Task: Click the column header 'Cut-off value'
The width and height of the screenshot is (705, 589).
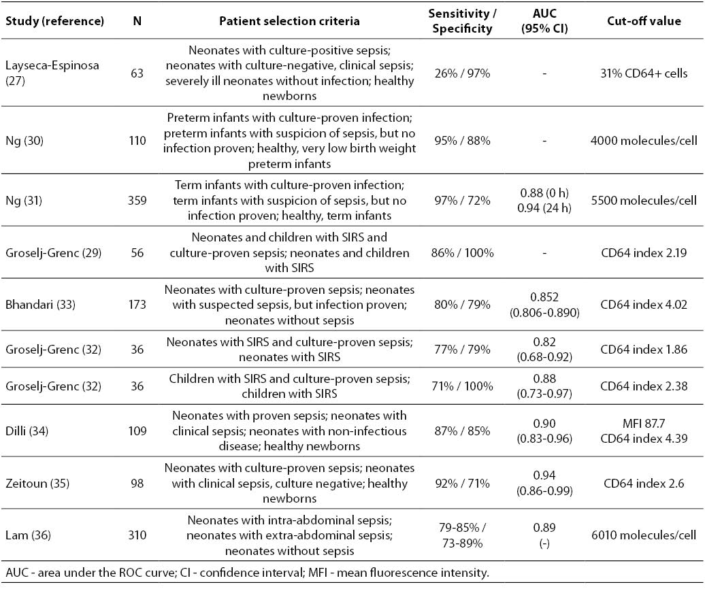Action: [644, 21]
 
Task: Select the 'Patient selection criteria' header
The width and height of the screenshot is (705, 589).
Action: [289, 21]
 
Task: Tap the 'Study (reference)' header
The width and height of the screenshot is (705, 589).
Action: [55, 21]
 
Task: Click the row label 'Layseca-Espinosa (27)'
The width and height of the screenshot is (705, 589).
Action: [52, 73]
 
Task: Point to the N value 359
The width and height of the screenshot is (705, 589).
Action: [137, 201]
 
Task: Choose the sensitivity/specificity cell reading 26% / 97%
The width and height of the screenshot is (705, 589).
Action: [462, 73]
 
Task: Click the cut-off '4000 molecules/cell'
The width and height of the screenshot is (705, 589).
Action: [644, 141]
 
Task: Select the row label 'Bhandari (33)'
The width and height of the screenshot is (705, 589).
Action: [40, 305]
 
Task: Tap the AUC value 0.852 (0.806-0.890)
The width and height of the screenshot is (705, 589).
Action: [544, 305]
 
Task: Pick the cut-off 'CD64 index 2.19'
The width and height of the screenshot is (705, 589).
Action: [644, 253]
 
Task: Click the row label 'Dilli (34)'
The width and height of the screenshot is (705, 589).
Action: [27, 431]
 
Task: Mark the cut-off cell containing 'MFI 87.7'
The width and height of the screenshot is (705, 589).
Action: [644, 431]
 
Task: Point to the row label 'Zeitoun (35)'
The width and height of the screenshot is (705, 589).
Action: [37, 484]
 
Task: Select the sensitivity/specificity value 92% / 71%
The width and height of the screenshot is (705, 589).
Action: [462, 484]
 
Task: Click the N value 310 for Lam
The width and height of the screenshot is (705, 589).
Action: [137, 535]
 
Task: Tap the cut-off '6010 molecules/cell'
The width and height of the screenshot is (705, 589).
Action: [644, 535]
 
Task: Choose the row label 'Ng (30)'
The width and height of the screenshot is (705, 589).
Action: [24, 141]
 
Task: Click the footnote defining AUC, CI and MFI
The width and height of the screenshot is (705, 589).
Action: [247, 573]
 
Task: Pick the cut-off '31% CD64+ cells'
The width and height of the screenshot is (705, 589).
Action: [644, 73]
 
